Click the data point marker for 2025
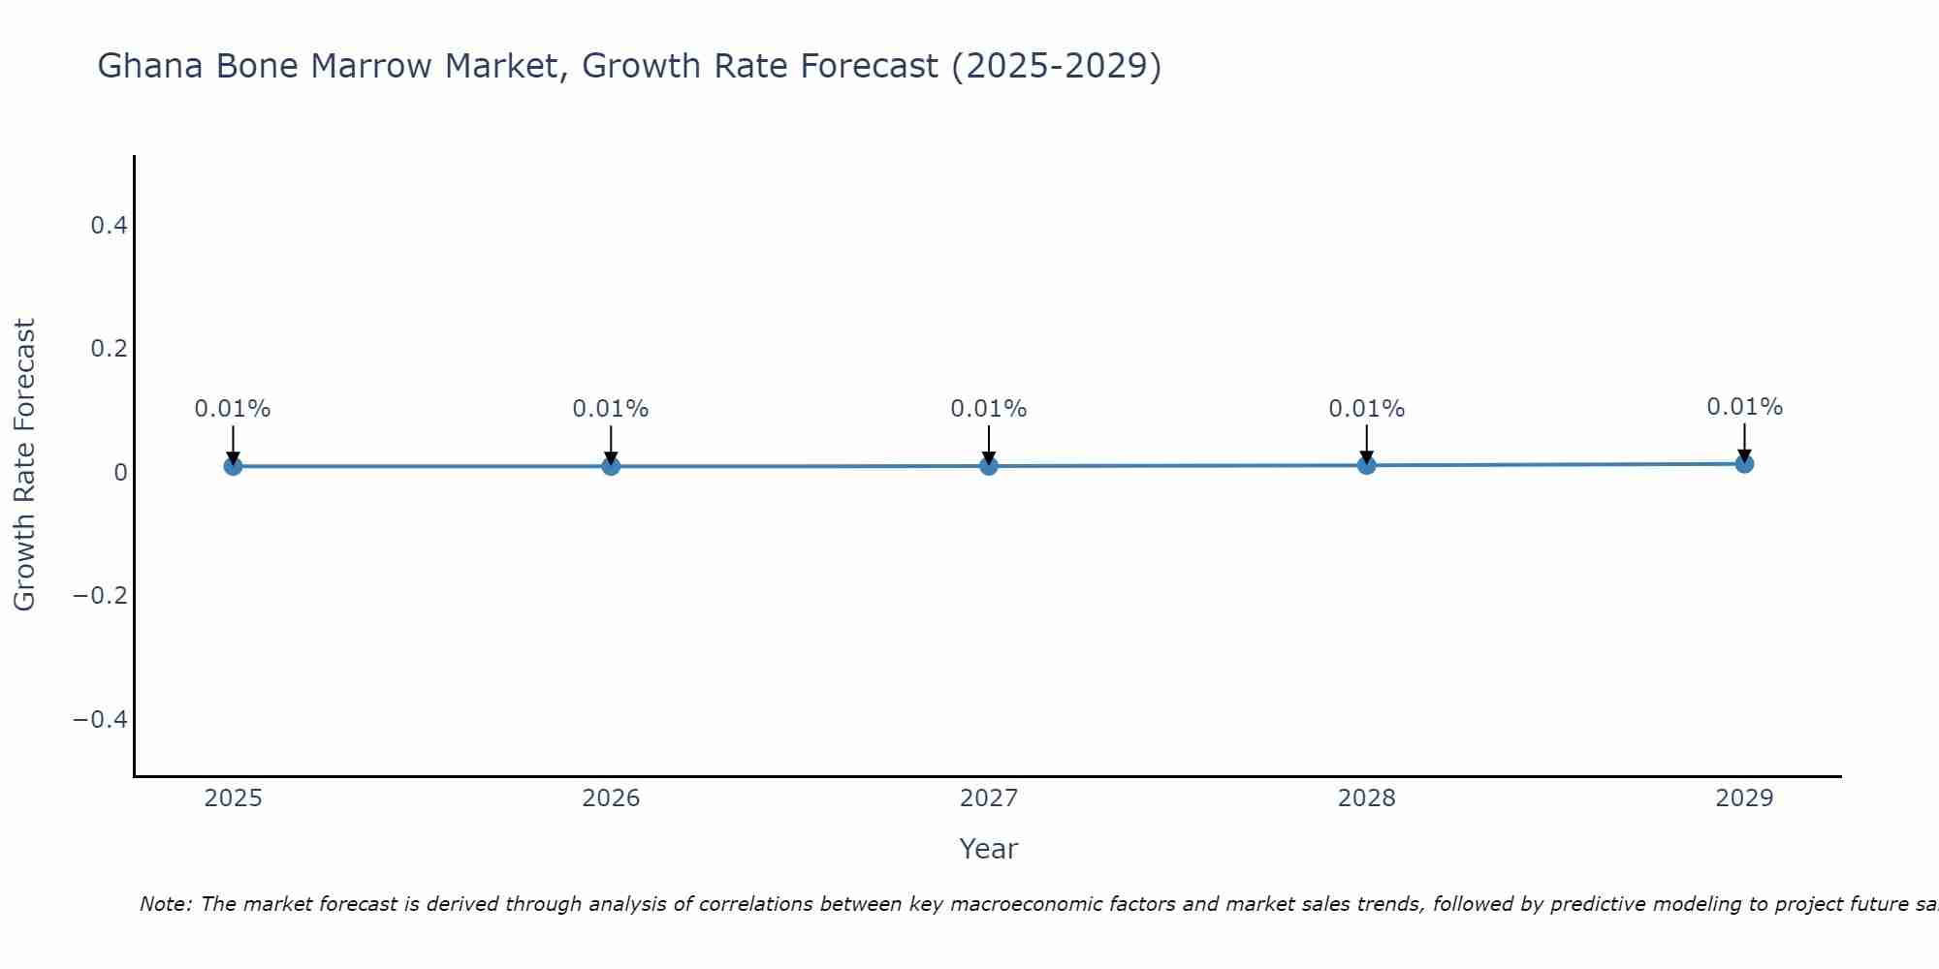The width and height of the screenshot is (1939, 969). pyautogui.click(x=233, y=466)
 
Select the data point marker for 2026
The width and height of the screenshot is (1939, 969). pyautogui.click(x=611, y=466)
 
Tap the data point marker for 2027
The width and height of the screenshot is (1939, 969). pyautogui.click(x=988, y=466)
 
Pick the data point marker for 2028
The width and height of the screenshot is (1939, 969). pyautogui.click(x=1366, y=465)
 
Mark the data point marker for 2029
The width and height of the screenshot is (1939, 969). pyautogui.click(x=1744, y=463)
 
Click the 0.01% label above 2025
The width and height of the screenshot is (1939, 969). pyautogui.click(x=233, y=409)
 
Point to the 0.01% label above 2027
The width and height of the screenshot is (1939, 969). pyautogui.click(x=988, y=409)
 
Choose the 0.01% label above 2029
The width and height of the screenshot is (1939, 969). pyautogui.click(x=1744, y=407)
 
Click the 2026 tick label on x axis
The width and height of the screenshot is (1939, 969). pyautogui.click(x=611, y=798)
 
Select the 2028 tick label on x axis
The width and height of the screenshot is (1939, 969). pyautogui.click(x=1366, y=798)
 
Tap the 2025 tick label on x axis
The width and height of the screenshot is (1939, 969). pyautogui.click(x=233, y=798)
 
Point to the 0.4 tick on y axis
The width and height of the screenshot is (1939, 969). pyautogui.click(x=109, y=226)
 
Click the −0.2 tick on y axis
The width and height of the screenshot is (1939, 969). pyautogui.click(x=101, y=595)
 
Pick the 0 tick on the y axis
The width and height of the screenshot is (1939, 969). pyautogui.click(x=120, y=473)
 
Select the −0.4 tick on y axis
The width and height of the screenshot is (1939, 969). pyautogui.click(x=101, y=719)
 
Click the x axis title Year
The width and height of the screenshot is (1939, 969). pyautogui.click(x=988, y=849)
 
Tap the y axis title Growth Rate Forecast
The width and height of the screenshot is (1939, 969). pyautogui.click(x=24, y=465)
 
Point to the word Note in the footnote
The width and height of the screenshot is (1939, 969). pyautogui.click(x=165, y=904)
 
